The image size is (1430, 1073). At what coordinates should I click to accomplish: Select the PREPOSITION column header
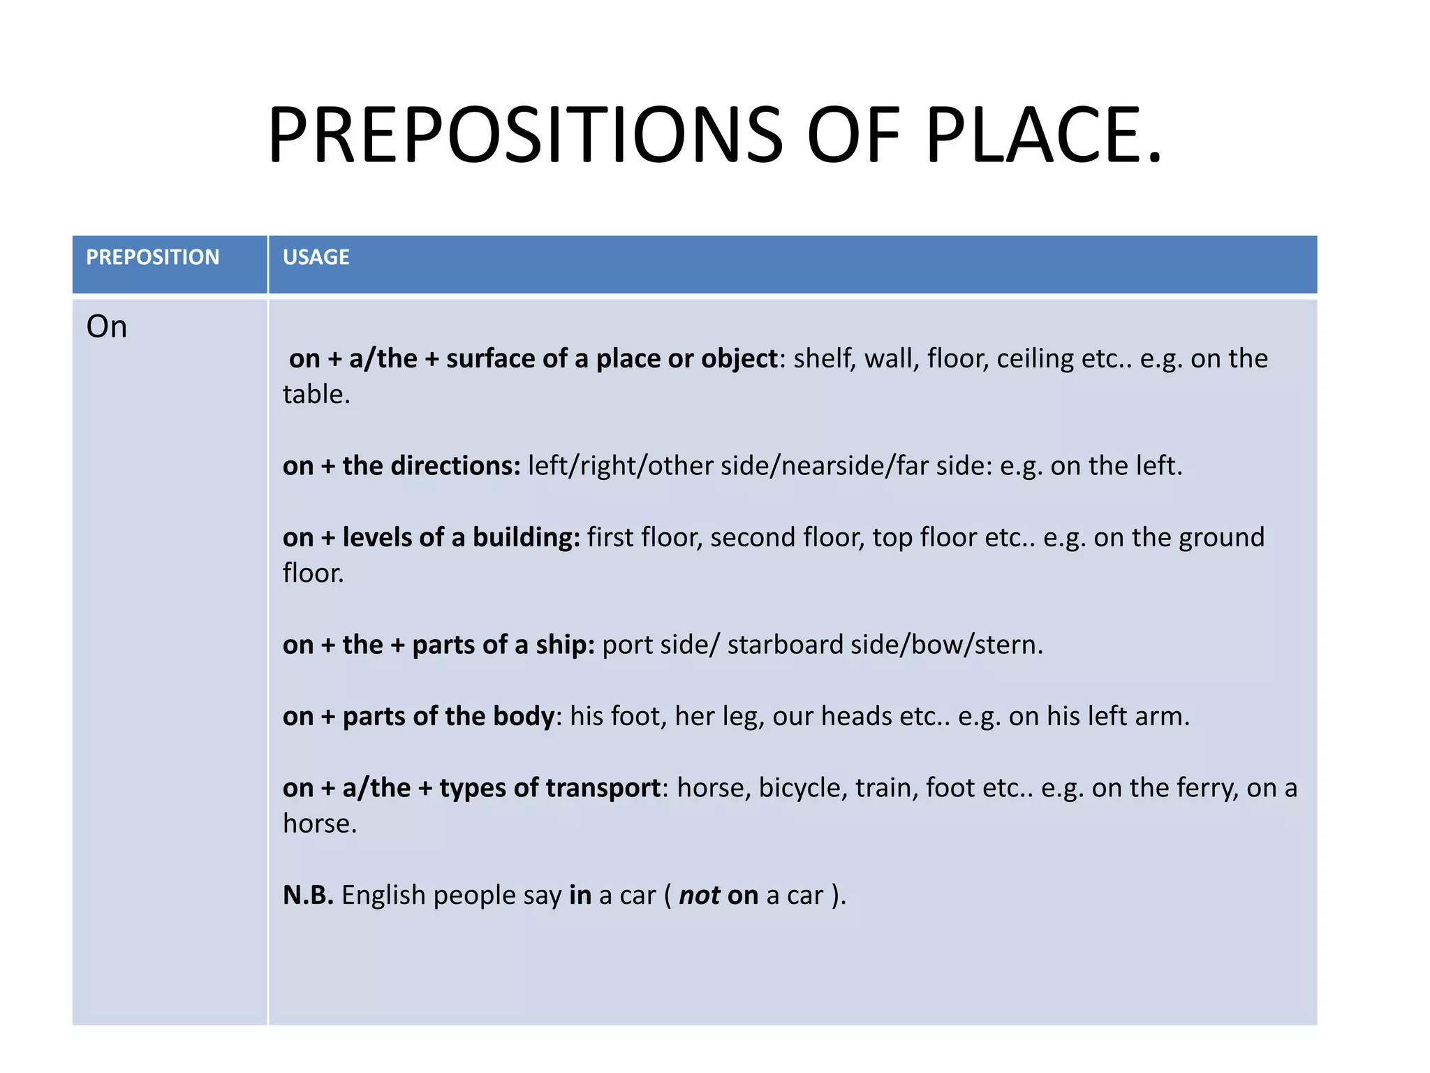pos(152,257)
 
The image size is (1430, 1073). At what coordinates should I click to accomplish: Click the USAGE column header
pos(316,257)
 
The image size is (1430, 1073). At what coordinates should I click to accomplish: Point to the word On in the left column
pos(106,327)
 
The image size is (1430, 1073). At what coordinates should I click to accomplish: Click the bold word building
pos(525,538)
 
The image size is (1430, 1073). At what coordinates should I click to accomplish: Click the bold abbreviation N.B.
pos(308,896)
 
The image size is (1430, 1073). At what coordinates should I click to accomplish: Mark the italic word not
pos(699,896)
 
